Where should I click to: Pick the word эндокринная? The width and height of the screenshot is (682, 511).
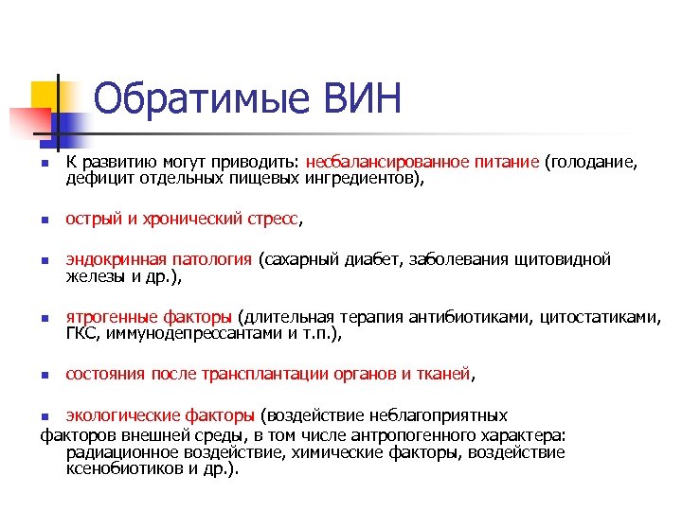[x=116, y=259]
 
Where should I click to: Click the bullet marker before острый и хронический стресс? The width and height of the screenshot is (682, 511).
[x=44, y=220]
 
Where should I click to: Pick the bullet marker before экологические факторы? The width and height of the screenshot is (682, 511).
[x=44, y=415]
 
